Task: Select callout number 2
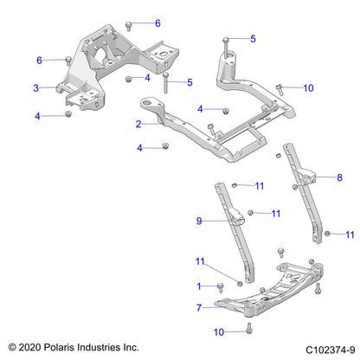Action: (x=138, y=124)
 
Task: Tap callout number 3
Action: (x=36, y=87)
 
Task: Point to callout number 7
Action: (x=200, y=305)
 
